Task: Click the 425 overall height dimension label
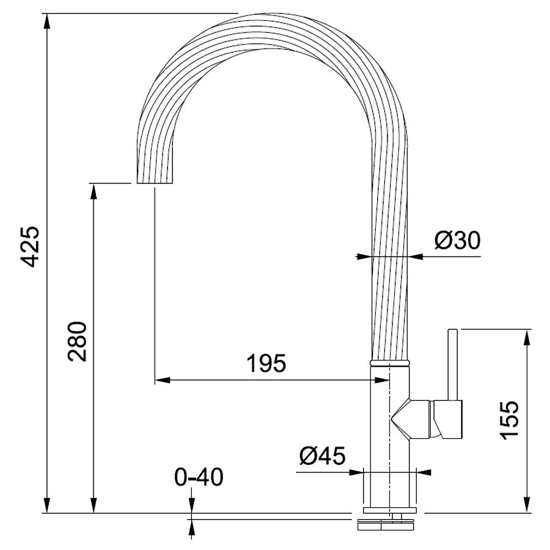click(x=30, y=247)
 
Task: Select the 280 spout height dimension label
click(x=77, y=341)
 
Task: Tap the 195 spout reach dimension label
click(x=266, y=363)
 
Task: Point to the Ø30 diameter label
click(x=457, y=241)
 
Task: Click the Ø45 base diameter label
click(x=322, y=456)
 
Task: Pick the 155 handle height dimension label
click(x=509, y=420)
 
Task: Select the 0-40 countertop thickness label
click(x=199, y=477)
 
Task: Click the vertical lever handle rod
click(x=453, y=364)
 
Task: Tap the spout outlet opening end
click(x=155, y=183)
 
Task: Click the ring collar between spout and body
click(x=389, y=362)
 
